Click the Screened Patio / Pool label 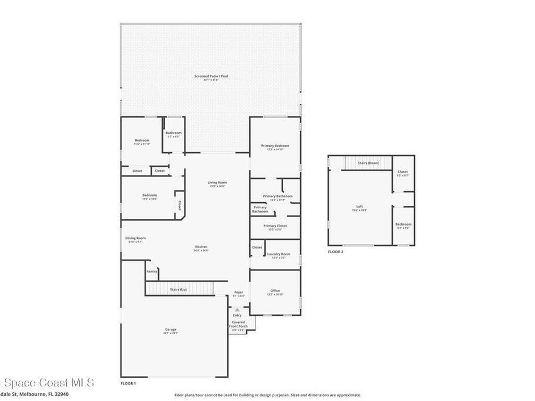pos(211,76)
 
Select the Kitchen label pos(201,247)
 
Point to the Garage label pos(170,329)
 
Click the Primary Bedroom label pos(275,146)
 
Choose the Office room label pos(275,291)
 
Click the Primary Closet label pos(275,226)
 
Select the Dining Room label pos(135,238)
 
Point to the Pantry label pos(152,271)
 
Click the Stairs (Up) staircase pos(179,288)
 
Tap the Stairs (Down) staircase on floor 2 pos(368,163)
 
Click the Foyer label pos(238,292)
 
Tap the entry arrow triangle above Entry pos(237,310)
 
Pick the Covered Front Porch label pos(238,324)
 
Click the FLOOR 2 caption pos(335,252)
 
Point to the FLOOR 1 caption pos(128,383)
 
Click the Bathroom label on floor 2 pos(403,225)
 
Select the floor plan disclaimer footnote pos(267,395)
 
